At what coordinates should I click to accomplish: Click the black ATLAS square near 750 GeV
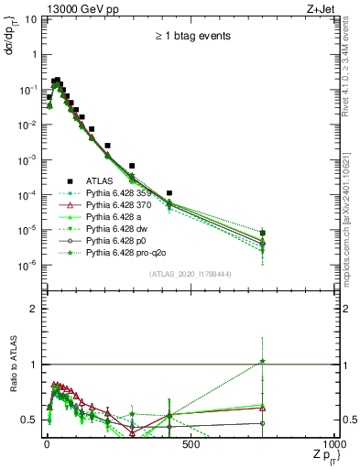263,233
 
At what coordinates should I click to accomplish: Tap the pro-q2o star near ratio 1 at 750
263,361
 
